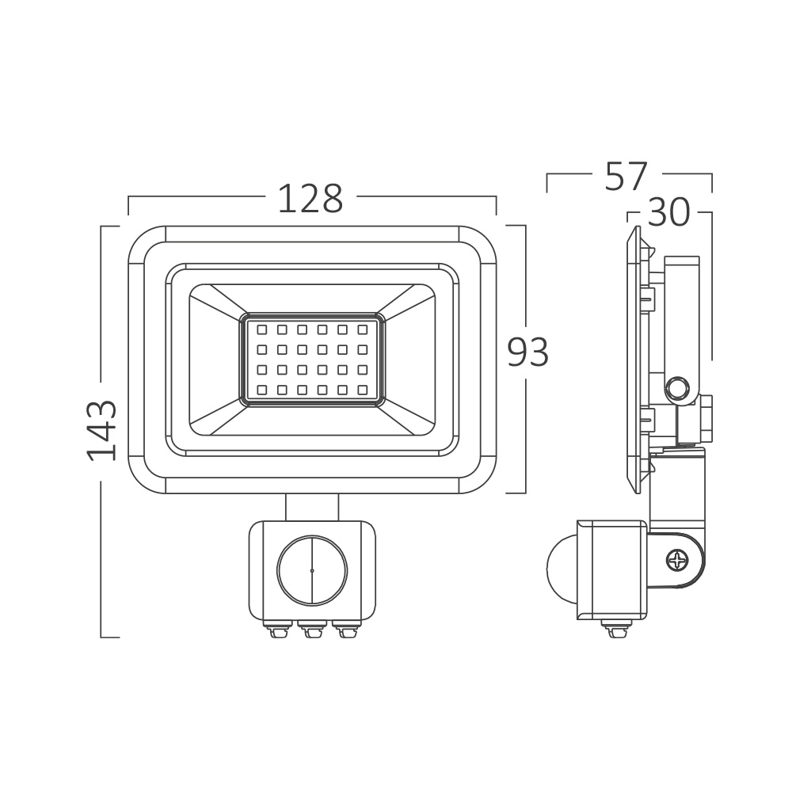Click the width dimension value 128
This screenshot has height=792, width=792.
click(x=310, y=200)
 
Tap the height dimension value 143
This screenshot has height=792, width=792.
click(x=102, y=431)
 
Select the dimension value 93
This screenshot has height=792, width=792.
click(x=527, y=352)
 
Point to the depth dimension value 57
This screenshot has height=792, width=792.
click(x=626, y=177)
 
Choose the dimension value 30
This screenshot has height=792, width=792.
click(x=668, y=212)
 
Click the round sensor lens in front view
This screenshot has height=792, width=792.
click(x=311, y=569)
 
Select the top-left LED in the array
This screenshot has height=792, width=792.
click(x=261, y=328)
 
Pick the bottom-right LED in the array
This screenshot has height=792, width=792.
click(x=363, y=389)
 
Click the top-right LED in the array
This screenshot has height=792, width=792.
click(x=363, y=328)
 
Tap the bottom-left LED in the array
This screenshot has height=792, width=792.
click(x=261, y=389)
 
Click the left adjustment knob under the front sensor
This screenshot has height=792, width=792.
click(x=277, y=630)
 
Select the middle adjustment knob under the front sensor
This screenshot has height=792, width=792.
click(x=311, y=630)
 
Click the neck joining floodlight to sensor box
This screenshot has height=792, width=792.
click(x=312, y=506)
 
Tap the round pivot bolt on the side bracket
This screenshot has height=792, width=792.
click(x=678, y=388)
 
